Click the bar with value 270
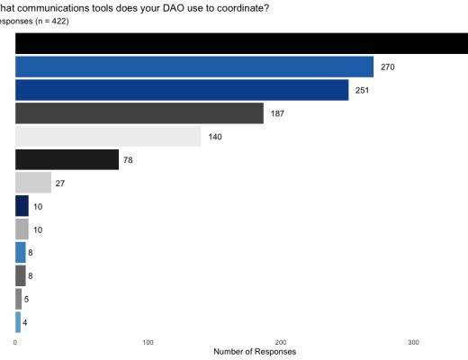coord(194,67)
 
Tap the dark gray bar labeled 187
coord(139,113)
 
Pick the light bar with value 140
coord(108,137)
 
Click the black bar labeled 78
coord(67,160)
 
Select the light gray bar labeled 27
coord(33,183)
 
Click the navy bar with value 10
coord(22,206)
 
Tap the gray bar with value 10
coord(22,229)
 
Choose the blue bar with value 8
coord(21,253)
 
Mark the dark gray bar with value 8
coord(21,276)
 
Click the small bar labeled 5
coord(19,300)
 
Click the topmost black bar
coord(241,43)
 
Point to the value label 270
coord(389,67)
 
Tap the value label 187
coord(278,114)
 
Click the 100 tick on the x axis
coord(148,343)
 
